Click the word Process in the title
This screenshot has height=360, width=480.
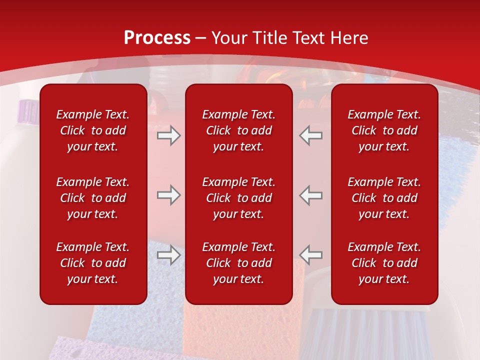point(157,38)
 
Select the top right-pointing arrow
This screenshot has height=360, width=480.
point(169,135)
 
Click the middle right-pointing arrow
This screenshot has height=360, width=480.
point(169,195)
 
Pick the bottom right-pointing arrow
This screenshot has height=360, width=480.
point(169,255)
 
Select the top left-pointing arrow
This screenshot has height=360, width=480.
point(310,135)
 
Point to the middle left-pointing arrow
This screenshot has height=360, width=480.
point(310,195)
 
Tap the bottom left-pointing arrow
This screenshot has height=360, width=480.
point(310,255)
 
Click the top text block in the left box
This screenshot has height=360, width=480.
point(93,130)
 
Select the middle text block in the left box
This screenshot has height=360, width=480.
point(93,198)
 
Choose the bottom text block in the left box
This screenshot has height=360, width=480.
point(93,263)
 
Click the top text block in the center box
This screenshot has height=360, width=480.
point(238,130)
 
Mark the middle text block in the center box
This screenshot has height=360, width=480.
point(238,198)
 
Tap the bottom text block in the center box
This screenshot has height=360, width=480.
point(238,263)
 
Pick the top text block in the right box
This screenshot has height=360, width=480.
point(384,130)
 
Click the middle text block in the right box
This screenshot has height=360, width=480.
point(384,198)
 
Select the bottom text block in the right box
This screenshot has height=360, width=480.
point(384,263)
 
